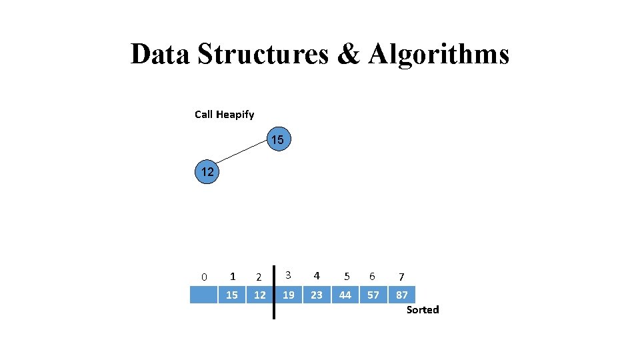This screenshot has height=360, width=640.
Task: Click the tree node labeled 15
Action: [277, 140]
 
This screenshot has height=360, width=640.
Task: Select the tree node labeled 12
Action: [207, 172]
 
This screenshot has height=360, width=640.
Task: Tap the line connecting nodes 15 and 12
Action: [243, 156]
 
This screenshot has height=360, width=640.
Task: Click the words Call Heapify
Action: [224, 115]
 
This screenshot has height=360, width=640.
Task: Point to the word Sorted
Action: [423, 309]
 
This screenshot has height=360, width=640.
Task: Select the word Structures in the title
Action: [263, 54]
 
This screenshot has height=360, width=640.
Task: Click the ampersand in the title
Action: [348, 54]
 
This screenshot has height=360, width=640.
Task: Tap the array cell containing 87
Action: [402, 295]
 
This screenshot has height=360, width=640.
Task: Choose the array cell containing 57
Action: [373, 295]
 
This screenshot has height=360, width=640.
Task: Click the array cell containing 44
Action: [345, 295]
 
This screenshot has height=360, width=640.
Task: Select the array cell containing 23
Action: [316, 295]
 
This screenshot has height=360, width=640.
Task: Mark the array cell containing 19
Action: [289, 295]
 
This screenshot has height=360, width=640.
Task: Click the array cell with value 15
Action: [231, 295]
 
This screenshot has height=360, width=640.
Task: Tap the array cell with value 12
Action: [259, 295]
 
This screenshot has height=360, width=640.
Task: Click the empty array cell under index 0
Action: [203, 295]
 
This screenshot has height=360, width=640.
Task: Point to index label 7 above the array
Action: [401, 276]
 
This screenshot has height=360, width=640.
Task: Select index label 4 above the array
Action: [317, 275]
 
